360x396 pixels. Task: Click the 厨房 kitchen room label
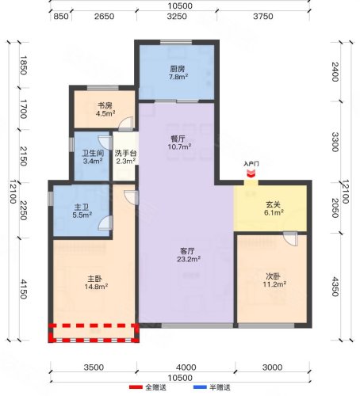click(178, 73)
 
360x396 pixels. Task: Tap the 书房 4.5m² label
click(105, 110)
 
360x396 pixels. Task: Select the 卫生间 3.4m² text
click(93, 157)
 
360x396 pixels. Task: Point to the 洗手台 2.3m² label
click(125, 157)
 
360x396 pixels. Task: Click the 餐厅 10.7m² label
click(179, 143)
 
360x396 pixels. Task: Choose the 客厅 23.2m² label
click(188, 255)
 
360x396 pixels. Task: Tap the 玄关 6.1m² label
click(274, 208)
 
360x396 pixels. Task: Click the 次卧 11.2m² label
click(274, 280)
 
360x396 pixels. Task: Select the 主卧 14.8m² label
click(96, 283)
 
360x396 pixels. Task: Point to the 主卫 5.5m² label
click(82, 211)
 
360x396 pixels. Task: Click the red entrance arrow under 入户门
click(251, 173)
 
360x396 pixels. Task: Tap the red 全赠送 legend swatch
click(136, 387)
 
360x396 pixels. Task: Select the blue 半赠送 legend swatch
click(200, 387)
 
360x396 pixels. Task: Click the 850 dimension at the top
click(61, 17)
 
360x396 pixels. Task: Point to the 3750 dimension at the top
click(263, 17)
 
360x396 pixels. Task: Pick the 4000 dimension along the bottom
click(186, 367)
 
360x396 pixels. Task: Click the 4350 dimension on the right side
click(335, 287)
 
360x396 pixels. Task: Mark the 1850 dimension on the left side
click(23, 65)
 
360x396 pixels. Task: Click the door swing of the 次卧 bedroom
click(291, 239)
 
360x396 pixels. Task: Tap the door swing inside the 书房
click(126, 124)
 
